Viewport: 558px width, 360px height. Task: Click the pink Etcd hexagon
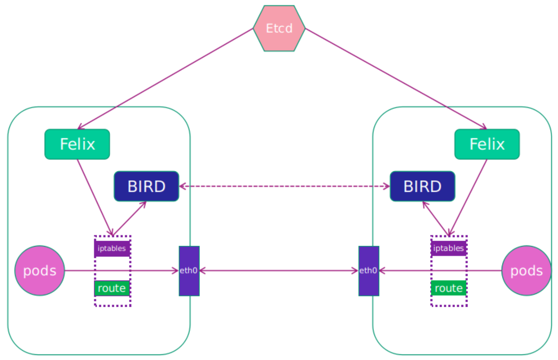[x=279, y=29]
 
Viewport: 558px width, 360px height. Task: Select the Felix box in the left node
[x=77, y=144]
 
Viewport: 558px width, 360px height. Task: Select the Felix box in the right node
[x=487, y=144]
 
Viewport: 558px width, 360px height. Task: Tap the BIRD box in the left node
[x=146, y=186]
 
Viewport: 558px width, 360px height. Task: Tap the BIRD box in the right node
[x=423, y=186]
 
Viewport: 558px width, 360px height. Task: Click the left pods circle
[x=40, y=270]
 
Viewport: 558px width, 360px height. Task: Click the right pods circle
[x=526, y=270]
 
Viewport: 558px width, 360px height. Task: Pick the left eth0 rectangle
[x=189, y=271]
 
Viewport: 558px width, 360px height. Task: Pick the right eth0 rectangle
[x=369, y=271]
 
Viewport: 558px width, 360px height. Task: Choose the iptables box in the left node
[x=112, y=248]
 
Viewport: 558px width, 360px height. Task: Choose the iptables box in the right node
[x=449, y=248]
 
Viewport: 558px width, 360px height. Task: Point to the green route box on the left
[x=112, y=288]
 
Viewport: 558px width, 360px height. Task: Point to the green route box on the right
[x=449, y=288]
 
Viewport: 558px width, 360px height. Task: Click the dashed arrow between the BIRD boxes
[x=284, y=186]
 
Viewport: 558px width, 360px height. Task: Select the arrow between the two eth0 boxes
[x=279, y=270]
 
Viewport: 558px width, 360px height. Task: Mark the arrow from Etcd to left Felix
[x=165, y=79]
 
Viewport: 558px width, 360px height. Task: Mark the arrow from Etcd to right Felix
[x=396, y=79]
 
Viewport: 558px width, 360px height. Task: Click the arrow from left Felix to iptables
[x=95, y=198]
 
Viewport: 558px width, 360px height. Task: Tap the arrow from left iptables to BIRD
[x=130, y=218]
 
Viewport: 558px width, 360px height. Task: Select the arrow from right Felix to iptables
[x=468, y=198]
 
